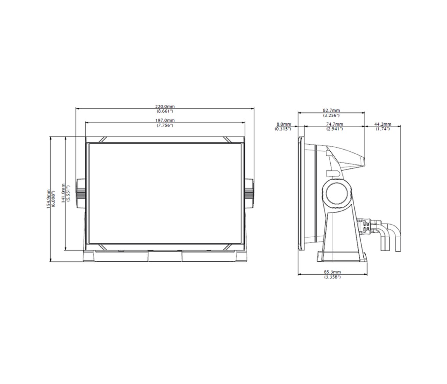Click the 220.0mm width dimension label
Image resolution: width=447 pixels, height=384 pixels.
pyautogui.click(x=165, y=107)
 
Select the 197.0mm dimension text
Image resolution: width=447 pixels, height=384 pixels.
pyautogui.click(x=165, y=121)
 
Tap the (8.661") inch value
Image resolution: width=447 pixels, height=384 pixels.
pyautogui.click(x=165, y=111)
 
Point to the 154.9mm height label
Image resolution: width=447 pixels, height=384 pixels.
pyautogui.click(x=49, y=199)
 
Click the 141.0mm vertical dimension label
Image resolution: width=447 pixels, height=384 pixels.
pyautogui.click(x=63, y=193)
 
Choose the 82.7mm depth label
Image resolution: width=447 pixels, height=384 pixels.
pyautogui.click(x=331, y=110)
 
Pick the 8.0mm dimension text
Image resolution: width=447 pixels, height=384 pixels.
pyautogui.click(x=284, y=124)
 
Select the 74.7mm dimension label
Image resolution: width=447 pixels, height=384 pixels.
pyautogui.click(x=334, y=124)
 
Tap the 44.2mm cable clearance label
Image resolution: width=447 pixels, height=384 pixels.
pyautogui.click(x=382, y=124)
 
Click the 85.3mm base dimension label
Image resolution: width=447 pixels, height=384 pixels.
pyautogui.click(x=332, y=272)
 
